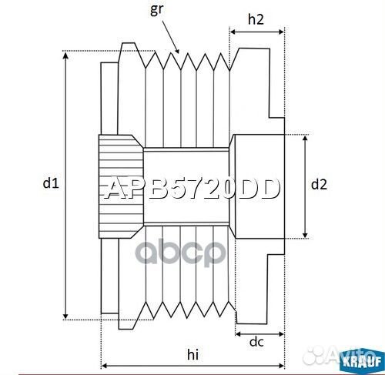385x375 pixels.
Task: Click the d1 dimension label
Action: pos(50,183)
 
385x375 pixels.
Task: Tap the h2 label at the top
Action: pos(257,22)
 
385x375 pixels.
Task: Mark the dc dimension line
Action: pos(259,333)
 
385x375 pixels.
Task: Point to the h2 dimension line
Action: pos(257,33)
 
